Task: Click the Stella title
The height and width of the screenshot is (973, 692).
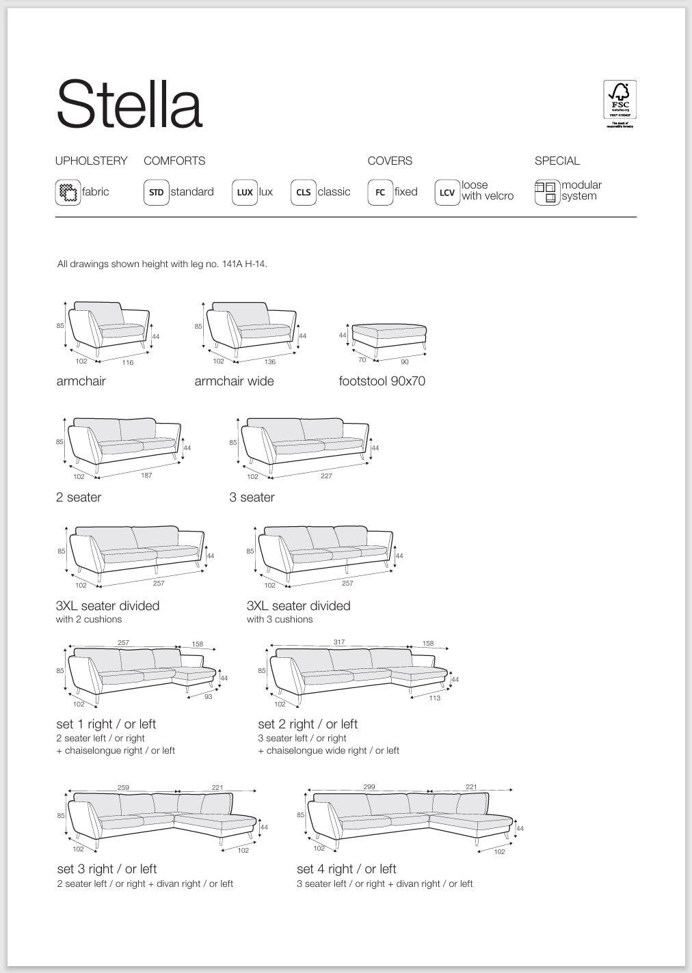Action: point(129,105)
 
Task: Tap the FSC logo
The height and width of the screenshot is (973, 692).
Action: point(620,102)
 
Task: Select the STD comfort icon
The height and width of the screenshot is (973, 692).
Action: point(156,192)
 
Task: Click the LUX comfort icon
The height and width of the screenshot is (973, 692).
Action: point(244,192)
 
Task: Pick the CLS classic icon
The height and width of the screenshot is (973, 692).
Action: point(303,192)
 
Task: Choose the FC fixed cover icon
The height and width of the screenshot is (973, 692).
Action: point(380,192)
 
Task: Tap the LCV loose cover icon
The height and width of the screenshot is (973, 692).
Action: point(447,192)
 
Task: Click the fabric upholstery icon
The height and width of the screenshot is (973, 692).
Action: point(68,192)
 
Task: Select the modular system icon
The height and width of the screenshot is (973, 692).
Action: point(546,192)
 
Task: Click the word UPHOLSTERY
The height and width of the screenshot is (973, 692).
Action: point(91,161)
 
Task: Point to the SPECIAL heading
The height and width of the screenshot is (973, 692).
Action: point(557,161)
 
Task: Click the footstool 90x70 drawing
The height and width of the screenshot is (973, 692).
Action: point(388,336)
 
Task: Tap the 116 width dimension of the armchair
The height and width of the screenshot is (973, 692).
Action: point(128,362)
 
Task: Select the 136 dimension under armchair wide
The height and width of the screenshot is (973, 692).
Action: point(270,361)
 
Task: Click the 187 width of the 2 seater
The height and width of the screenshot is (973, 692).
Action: point(146,475)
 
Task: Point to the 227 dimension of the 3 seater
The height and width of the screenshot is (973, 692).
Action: point(326,476)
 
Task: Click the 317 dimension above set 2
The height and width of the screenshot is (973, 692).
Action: point(339,642)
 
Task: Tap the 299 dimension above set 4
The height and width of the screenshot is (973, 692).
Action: point(369,786)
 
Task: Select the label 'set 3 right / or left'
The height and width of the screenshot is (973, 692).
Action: point(107,868)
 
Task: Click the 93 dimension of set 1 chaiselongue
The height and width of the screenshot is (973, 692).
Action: point(209,696)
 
